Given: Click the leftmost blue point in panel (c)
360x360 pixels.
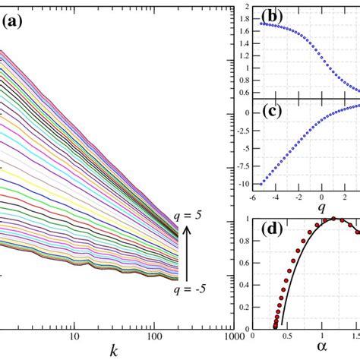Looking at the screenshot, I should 262,183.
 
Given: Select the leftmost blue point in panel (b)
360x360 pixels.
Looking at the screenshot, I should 262,24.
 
